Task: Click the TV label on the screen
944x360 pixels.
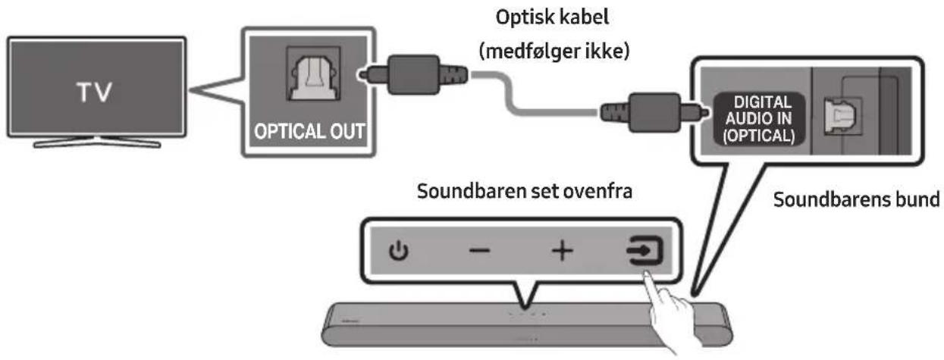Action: [94, 92]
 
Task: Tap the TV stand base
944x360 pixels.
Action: [97, 143]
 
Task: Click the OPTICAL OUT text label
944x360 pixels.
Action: [309, 131]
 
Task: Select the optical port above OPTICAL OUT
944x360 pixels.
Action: [313, 74]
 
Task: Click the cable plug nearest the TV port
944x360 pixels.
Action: [413, 74]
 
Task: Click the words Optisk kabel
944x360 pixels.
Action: [552, 17]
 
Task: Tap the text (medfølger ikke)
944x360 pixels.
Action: [554, 52]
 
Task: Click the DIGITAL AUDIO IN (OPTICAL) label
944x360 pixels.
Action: [759, 119]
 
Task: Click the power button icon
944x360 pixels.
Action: [398, 252]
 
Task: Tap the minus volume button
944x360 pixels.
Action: [480, 251]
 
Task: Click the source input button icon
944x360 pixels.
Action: [644, 251]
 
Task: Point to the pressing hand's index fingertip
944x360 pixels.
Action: [647, 274]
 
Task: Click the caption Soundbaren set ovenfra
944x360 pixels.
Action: [525, 191]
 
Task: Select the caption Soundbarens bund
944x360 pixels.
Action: [856, 199]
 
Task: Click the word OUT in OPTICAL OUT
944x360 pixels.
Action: [348, 131]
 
